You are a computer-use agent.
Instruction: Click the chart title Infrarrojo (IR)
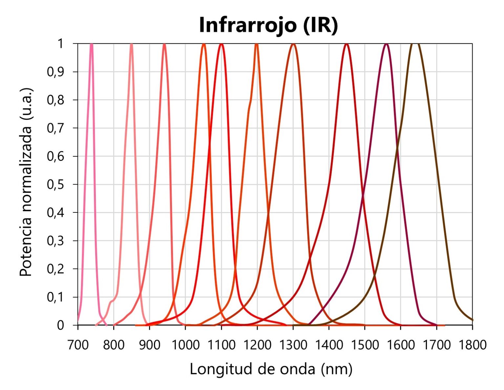(x=268, y=25)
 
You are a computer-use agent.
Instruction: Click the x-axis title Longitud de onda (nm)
(x=271, y=369)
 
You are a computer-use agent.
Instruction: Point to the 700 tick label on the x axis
(x=78, y=345)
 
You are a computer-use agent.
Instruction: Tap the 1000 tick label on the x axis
(x=185, y=345)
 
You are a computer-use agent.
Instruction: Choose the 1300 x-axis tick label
(x=293, y=345)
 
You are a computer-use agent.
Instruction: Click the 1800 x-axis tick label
(x=472, y=345)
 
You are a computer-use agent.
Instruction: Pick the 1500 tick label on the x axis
(x=365, y=345)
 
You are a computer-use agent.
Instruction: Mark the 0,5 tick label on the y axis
(x=55, y=185)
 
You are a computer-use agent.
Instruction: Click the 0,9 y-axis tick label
(x=55, y=72)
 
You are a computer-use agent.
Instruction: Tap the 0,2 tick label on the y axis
(x=55, y=269)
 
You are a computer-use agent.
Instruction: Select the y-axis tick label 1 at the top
(x=60, y=44)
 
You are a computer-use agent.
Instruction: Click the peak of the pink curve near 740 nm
(x=92, y=44)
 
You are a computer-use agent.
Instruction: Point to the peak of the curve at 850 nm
(x=132, y=44)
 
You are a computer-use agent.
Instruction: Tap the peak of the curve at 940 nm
(x=164, y=44)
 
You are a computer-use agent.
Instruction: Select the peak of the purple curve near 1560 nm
(x=386, y=44)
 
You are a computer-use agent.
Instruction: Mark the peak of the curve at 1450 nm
(x=346, y=44)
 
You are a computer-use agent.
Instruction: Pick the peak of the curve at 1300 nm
(x=293, y=44)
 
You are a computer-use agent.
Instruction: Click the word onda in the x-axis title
(x=299, y=369)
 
